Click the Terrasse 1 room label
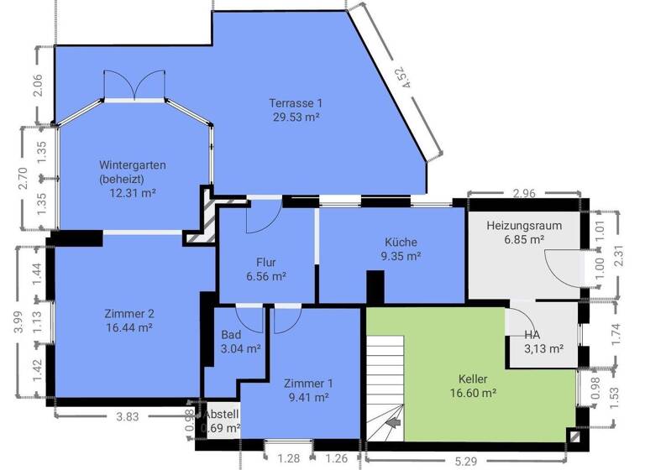(x=295, y=102)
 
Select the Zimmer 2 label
(x=128, y=314)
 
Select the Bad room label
(x=231, y=334)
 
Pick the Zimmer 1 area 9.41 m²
(x=307, y=398)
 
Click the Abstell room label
(x=223, y=415)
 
